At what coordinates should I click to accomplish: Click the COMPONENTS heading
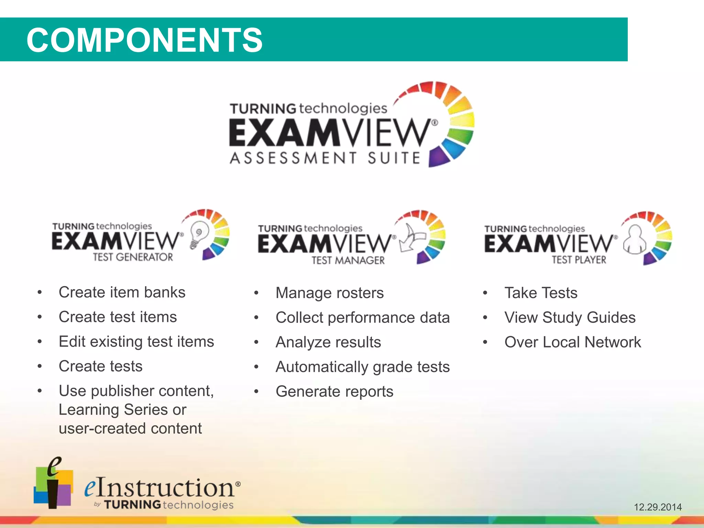coord(144,40)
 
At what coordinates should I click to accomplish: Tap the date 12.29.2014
coord(658,507)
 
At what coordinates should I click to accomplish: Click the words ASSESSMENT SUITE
coord(325,158)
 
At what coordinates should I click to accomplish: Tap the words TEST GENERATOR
coord(133,257)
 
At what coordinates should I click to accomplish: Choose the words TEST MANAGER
coord(348,260)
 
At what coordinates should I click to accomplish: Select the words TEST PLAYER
coord(579,260)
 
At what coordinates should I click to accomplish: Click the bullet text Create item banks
coord(122,293)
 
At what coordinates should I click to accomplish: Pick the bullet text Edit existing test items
coord(136,342)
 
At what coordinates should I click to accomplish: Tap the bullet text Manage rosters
coord(329,293)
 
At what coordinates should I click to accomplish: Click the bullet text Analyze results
coord(328,342)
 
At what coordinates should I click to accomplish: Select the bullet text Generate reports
coord(334,392)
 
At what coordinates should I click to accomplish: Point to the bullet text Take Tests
coord(541,293)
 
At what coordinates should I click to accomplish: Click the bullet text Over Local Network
coord(572,342)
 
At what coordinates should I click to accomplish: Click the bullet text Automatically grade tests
coord(362,367)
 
